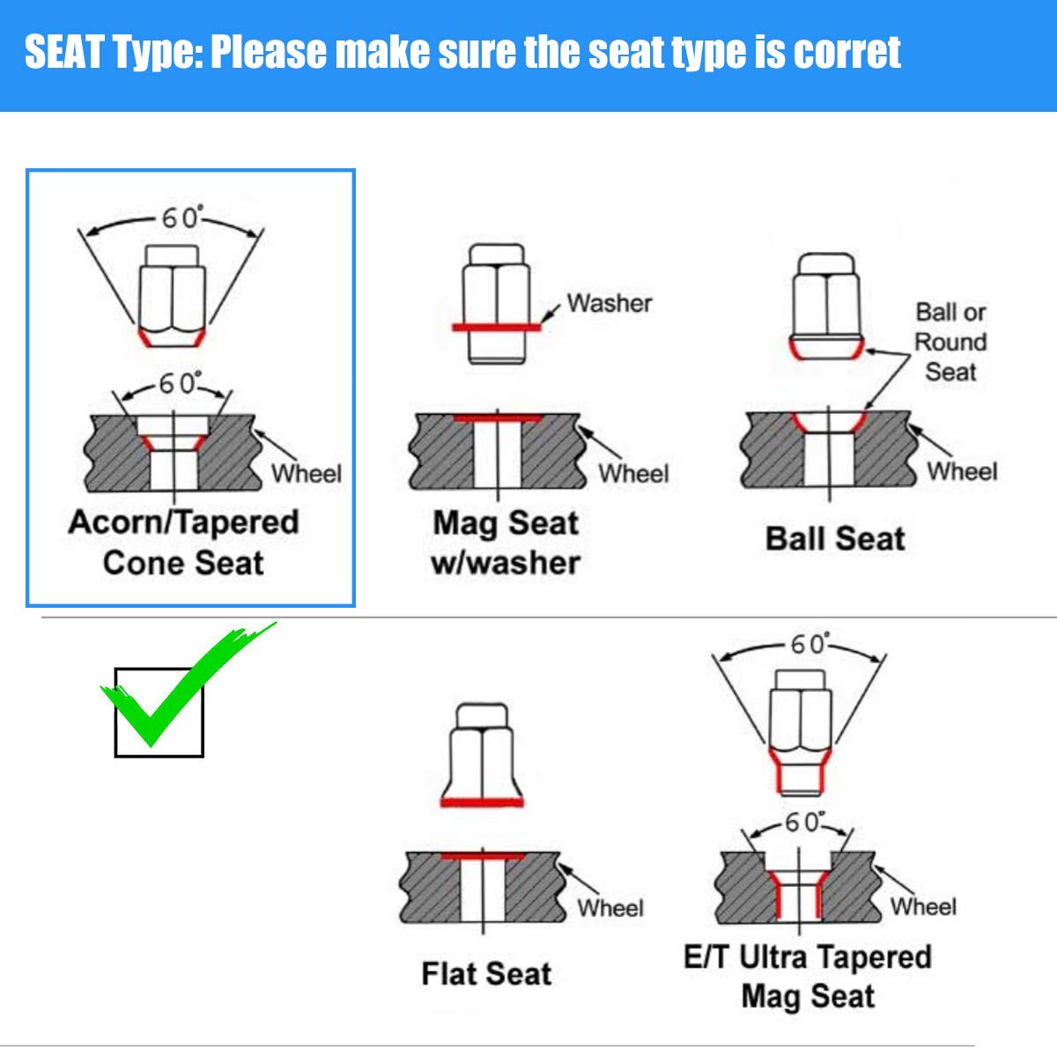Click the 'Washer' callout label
610,303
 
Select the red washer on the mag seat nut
497,328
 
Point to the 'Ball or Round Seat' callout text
950,342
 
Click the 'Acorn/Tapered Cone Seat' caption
184,543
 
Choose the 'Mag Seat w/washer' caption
506,543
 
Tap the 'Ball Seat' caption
835,539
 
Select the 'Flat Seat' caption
486,973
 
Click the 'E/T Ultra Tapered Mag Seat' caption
808,976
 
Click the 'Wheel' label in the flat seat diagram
610,908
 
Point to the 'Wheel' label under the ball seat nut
962,472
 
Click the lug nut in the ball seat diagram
826,306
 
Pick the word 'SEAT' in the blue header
64,52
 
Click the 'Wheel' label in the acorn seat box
307,474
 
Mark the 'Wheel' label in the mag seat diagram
633,474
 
